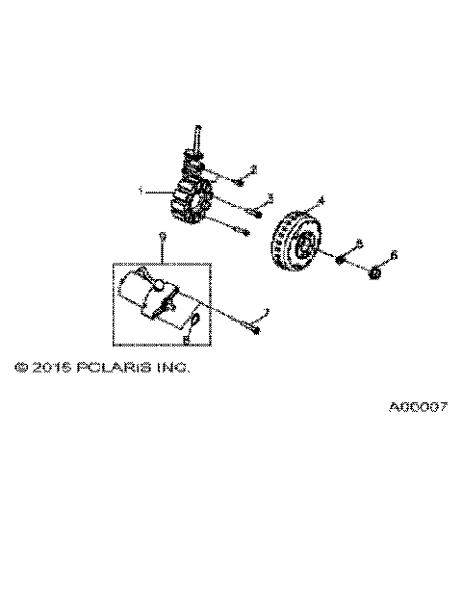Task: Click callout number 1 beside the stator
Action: click(141, 192)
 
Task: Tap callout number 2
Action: click(252, 171)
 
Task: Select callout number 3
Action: click(269, 197)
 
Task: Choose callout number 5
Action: click(359, 243)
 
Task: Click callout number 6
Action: click(393, 255)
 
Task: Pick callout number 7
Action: click(267, 312)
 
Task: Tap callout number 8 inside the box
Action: click(186, 338)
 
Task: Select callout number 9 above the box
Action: click(163, 236)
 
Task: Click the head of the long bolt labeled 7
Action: click(252, 330)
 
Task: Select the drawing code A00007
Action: click(419, 406)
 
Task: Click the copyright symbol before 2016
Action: click(21, 367)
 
